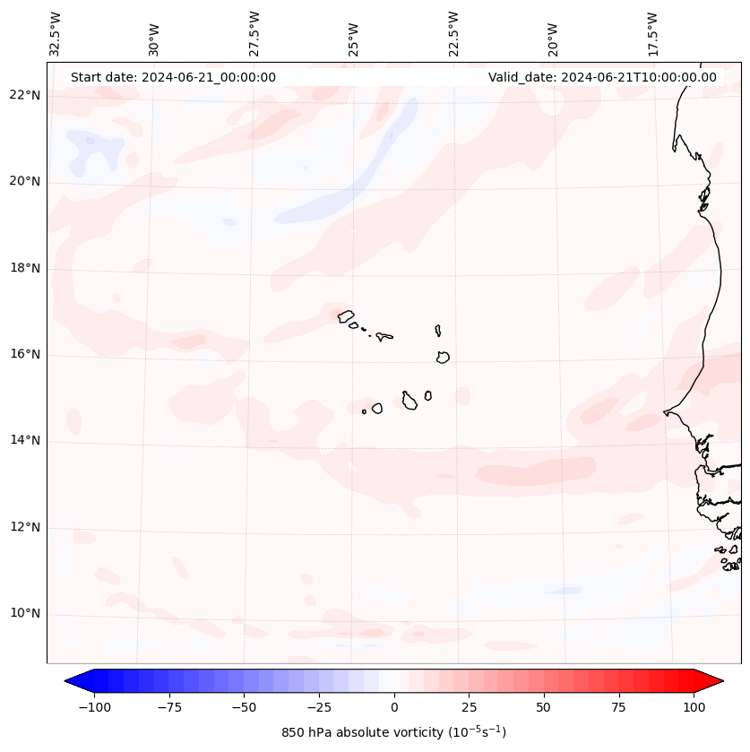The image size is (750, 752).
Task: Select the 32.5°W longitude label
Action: tap(56, 33)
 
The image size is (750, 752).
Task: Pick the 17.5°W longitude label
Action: tap(652, 33)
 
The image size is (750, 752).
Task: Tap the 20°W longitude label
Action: tap(553, 37)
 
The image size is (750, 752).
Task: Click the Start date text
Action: tap(173, 77)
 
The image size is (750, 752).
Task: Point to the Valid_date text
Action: tap(602, 77)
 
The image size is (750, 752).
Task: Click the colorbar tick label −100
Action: tap(94, 707)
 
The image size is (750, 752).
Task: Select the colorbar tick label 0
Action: tap(394, 707)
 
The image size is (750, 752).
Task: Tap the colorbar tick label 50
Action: tap(544, 707)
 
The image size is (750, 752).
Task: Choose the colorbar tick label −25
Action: tap(319, 707)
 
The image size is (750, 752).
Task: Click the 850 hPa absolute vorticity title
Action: tap(394, 732)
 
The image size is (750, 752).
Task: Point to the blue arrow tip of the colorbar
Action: tap(73, 681)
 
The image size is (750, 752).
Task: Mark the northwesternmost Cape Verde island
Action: tap(346, 316)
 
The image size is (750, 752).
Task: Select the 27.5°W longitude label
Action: tap(254, 33)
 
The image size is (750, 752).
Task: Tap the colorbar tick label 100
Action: tap(694, 707)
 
